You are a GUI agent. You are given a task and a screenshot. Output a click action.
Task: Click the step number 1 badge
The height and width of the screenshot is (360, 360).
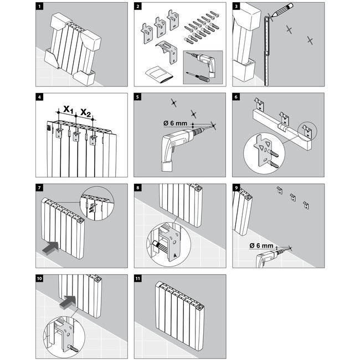coord(39,6)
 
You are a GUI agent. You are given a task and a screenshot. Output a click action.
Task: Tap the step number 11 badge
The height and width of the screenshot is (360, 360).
coord(138,278)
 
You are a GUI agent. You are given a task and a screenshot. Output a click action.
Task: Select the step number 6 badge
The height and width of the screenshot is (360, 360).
coord(236,97)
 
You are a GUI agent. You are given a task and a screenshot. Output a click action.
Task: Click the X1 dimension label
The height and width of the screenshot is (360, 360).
coord(68,109)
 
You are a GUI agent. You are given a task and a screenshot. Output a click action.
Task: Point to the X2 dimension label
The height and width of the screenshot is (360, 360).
coord(85,112)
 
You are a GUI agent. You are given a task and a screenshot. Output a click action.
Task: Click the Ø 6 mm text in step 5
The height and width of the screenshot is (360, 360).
coord(175,124)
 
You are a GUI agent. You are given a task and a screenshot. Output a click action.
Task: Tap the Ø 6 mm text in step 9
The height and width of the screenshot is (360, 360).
coord(261,246)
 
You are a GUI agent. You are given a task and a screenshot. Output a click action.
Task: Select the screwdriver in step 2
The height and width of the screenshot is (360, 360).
coord(198,76)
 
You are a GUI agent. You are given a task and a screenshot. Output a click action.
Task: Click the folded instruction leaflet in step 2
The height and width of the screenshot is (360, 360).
coord(159,75)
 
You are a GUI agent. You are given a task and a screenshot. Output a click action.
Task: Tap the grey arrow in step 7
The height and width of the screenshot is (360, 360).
coord(51,248)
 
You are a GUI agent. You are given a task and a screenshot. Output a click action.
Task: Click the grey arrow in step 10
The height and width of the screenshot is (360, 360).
coord(68,302)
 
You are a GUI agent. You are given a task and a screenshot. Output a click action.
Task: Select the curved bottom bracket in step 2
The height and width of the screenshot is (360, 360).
coord(166,52)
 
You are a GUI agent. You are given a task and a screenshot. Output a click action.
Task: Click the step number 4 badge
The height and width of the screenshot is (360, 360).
coord(39,97)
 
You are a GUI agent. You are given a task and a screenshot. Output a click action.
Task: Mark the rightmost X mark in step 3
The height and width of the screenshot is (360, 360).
coord(310,40)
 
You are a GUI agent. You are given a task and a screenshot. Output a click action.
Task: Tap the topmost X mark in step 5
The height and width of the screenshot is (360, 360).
coord(174,102)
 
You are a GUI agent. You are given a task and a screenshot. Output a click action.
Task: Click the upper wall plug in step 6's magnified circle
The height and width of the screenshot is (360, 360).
coord(274,153)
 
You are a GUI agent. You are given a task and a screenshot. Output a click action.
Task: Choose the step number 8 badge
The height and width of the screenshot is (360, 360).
coord(138,188)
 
